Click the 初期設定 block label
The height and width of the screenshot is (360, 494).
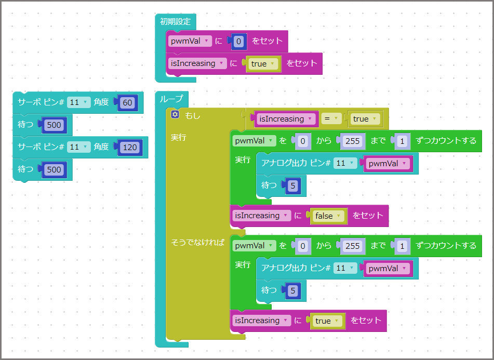point(175,22)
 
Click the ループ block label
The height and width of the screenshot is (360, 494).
point(171,99)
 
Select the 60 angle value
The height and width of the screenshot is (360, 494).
point(127,103)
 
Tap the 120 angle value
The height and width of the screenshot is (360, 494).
point(129,147)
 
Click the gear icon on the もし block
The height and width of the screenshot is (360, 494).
point(175,114)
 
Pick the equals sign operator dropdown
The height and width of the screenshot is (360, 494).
point(330,119)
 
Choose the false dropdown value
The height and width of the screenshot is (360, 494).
point(327,216)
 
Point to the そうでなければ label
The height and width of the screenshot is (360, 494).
point(198,242)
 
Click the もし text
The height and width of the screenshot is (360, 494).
point(193,115)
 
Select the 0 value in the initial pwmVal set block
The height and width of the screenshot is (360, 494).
point(238,42)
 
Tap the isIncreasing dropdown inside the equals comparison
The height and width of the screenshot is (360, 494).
point(287,119)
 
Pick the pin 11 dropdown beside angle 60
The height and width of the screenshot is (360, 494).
point(78,102)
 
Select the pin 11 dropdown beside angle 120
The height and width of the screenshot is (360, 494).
point(78,147)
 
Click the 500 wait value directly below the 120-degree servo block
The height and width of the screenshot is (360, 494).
point(54,169)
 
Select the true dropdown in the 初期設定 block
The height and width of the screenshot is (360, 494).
point(262,64)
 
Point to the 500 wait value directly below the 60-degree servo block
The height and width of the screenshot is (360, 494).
point(54,125)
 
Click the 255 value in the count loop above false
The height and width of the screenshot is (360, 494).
point(352,141)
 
